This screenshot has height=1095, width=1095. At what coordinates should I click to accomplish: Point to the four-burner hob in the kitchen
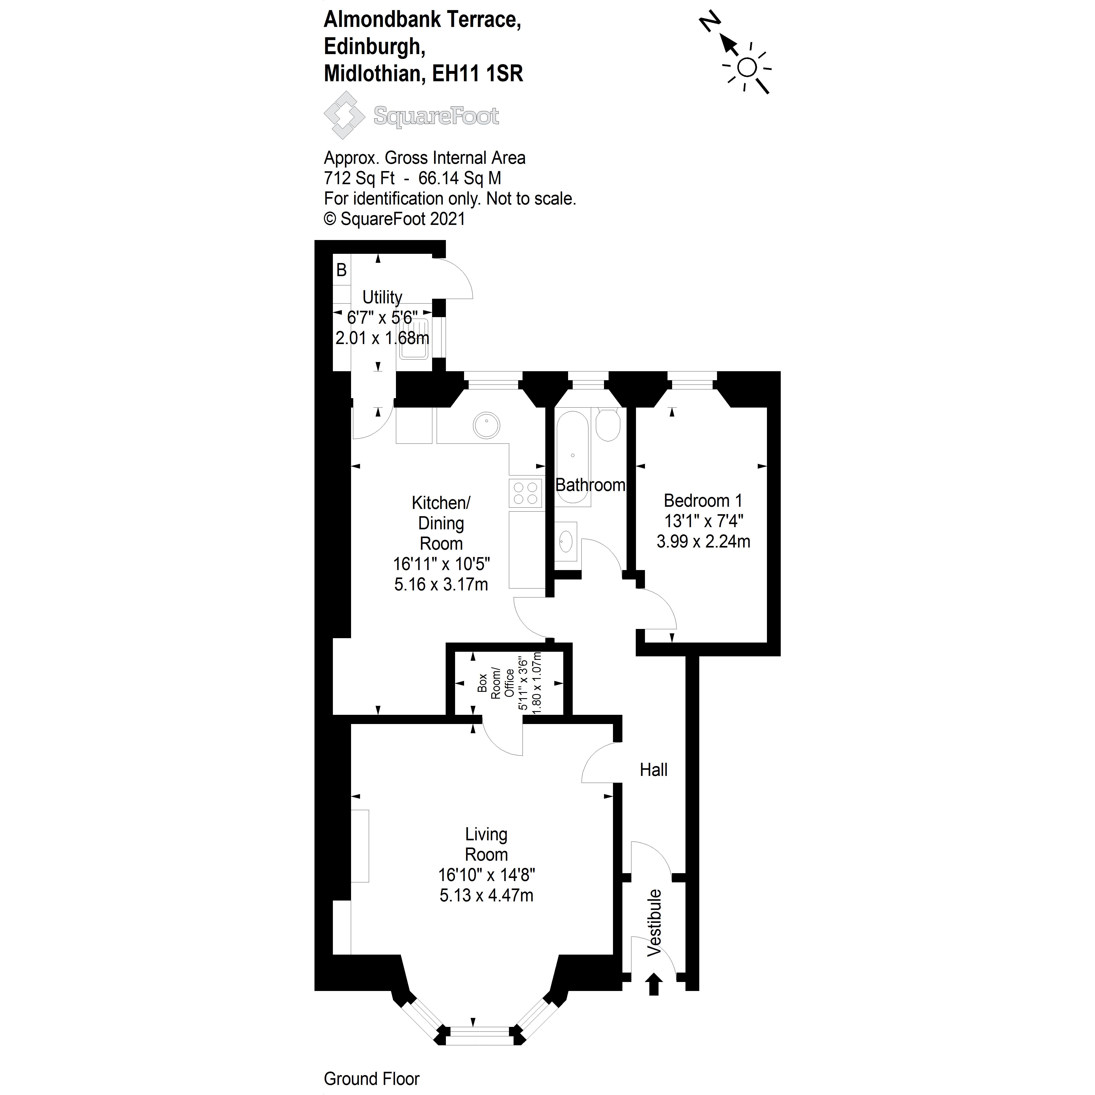pyautogui.click(x=525, y=493)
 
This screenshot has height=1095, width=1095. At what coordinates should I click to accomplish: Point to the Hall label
pyautogui.click(x=653, y=770)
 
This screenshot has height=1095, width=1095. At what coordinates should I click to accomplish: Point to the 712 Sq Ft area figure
pyautogui.click(x=359, y=178)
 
